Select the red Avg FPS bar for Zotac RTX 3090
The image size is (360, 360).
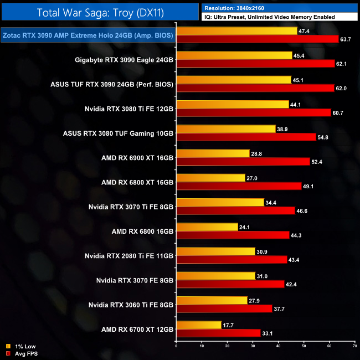[257, 39]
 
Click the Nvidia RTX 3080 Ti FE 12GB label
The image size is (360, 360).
[129, 109]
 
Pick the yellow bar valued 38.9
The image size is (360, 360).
[225, 128]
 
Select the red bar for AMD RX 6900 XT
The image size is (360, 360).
[243, 162]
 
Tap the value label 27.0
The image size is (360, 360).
[253, 178]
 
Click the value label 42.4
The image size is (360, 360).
[291, 284]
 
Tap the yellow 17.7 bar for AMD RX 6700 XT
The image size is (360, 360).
[198, 325]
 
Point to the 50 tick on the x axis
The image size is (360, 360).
[304, 347]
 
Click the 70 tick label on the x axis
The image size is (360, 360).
[354, 347]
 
